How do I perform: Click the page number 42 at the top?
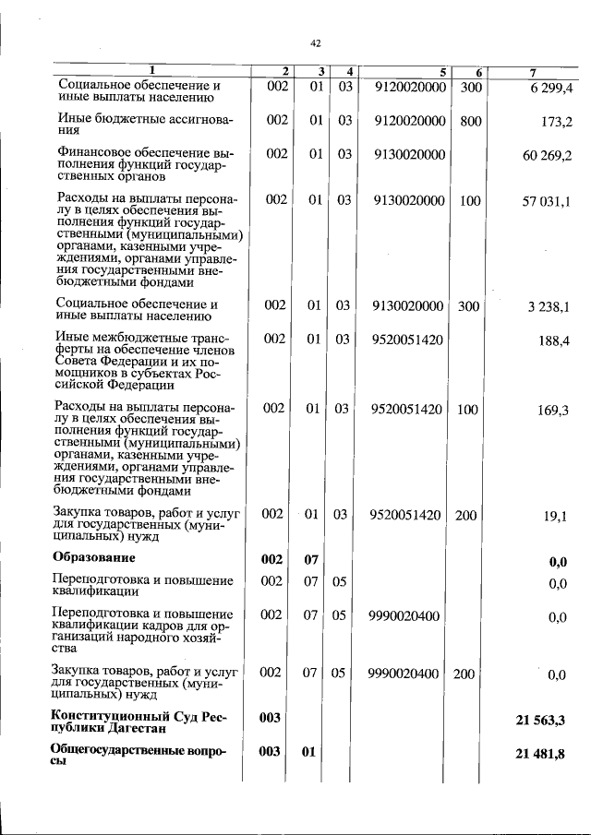(315, 43)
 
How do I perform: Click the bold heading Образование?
(94, 557)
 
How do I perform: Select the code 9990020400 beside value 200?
(404, 674)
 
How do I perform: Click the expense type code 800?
(471, 121)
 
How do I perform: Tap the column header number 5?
(442, 72)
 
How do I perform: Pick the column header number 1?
(152, 71)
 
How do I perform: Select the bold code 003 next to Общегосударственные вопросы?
(270, 752)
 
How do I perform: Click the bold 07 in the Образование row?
(312, 559)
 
